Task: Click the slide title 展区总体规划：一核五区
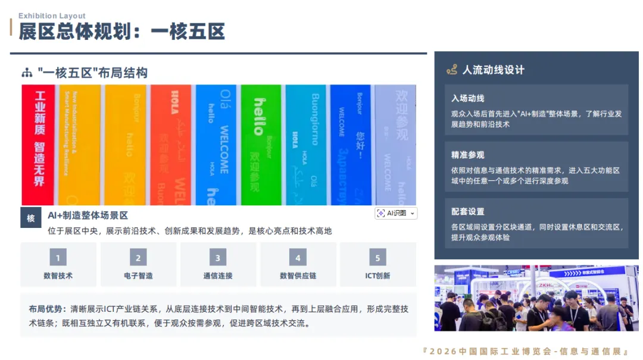click(121, 32)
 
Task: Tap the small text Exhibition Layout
click(52, 16)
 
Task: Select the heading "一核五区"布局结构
click(92, 73)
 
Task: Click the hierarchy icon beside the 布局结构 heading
click(27, 73)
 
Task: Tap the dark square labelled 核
click(31, 218)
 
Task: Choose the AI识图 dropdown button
click(396, 213)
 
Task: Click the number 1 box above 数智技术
click(58, 258)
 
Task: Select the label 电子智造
click(138, 276)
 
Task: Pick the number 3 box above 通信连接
click(218, 258)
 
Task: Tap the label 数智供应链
click(298, 276)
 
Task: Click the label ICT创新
click(377, 276)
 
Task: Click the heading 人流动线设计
click(494, 70)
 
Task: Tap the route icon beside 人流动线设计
click(452, 70)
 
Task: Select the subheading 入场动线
click(467, 98)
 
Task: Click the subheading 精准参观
click(467, 155)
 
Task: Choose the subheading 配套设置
click(467, 211)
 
